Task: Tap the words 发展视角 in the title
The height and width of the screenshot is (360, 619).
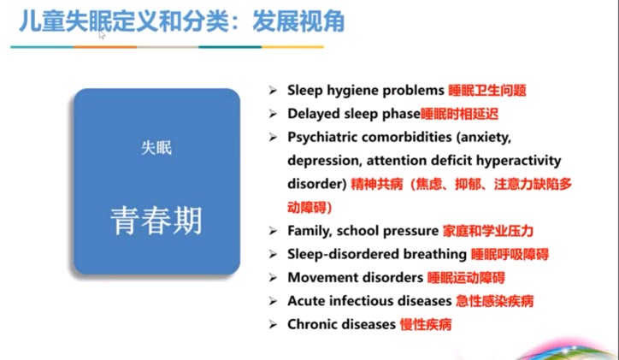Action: click(x=298, y=21)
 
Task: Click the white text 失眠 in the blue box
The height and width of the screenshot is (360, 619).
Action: click(x=156, y=148)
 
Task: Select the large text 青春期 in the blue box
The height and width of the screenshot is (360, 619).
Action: click(x=156, y=221)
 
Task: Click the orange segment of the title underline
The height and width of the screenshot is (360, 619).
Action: click(x=105, y=47)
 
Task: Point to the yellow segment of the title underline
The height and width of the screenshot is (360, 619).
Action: click(x=293, y=47)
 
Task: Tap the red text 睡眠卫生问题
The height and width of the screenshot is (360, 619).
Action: click(x=487, y=91)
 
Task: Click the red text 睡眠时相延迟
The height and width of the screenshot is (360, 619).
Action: click(x=459, y=114)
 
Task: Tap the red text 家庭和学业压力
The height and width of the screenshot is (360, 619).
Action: click(x=488, y=231)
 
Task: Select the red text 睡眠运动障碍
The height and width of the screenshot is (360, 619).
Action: click(x=466, y=278)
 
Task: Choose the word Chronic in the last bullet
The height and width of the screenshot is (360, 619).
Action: click(x=312, y=324)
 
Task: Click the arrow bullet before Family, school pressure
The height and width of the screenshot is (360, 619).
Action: click(x=273, y=231)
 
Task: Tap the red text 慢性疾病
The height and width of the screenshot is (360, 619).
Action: click(x=426, y=324)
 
